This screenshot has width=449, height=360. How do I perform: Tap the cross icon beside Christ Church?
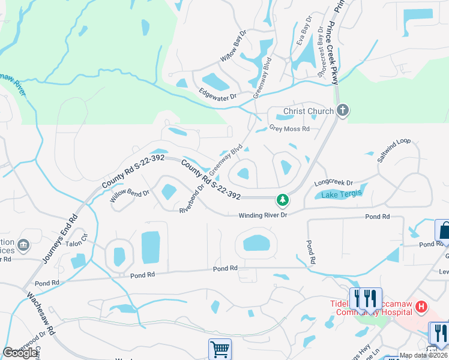tap(343, 110)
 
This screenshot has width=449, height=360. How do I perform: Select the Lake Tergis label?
tap(339, 194)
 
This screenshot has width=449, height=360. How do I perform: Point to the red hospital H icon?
tap(421, 307)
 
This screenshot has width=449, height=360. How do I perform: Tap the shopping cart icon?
tap(220, 348)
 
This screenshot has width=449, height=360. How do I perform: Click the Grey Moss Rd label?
tap(289, 128)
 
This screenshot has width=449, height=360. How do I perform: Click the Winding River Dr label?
tap(264, 215)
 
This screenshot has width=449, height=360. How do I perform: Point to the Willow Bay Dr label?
tap(234, 47)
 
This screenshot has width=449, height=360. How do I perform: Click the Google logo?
tap(20, 353)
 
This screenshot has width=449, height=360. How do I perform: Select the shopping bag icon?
tap(443, 230)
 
